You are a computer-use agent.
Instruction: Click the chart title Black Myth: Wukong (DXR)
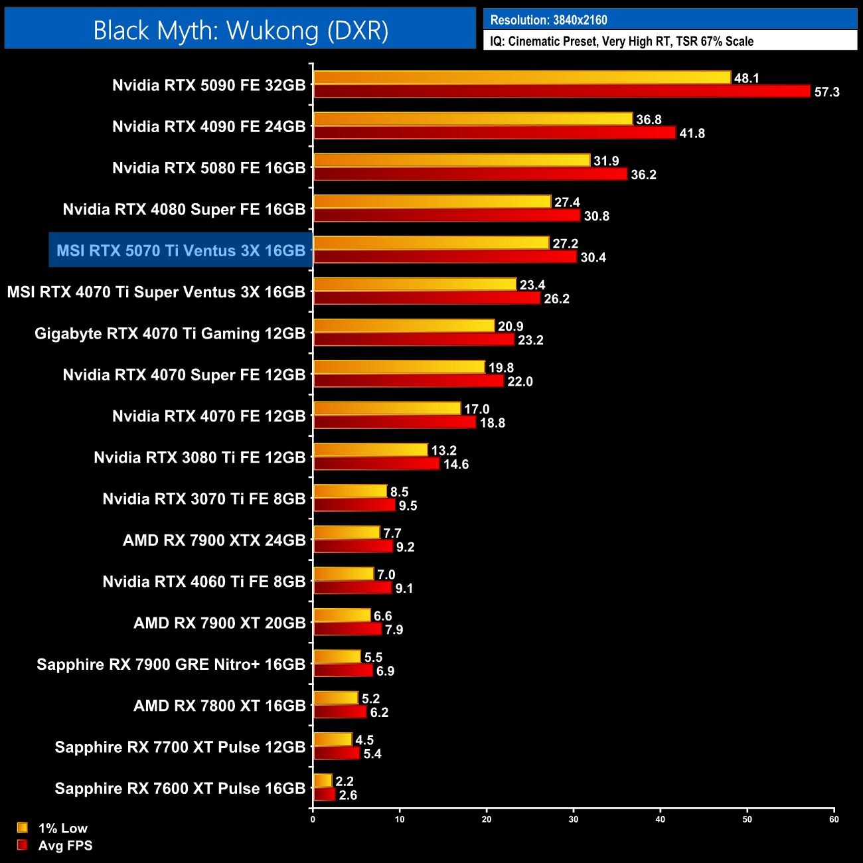click(x=240, y=31)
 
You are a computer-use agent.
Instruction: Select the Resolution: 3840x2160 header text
click(x=548, y=20)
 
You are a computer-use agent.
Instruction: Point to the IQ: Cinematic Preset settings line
click(x=621, y=41)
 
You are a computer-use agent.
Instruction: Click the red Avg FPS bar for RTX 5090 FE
click(x=562, y=91)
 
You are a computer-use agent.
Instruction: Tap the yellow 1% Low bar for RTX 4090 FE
click(x=473, y=119)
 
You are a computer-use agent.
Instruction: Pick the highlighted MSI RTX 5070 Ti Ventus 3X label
click(x=181, y=250)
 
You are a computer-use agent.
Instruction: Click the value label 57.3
click(x=826, y=92)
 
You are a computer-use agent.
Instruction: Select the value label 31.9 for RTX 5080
click(x=605, y=161)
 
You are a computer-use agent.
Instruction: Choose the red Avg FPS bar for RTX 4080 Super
click(x=447, y=215)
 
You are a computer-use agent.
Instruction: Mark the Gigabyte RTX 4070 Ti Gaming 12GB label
click(x=170, y=333)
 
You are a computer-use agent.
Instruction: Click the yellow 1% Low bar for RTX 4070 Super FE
click(x=399, y=367)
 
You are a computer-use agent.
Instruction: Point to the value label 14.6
click(x=456, y=464)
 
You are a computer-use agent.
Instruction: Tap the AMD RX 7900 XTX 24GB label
click(x=214, y=540)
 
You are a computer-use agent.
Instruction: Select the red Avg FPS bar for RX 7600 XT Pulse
click(x=325, y=794)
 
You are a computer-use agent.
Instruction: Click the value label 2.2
click(x=344, y=781)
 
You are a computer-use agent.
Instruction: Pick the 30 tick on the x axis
click(x=574, y=819)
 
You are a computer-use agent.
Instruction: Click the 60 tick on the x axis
click(x=834, y=819)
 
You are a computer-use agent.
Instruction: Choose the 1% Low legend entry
click(x=62, y=828)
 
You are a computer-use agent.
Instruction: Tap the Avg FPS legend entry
click(x=64, y=845)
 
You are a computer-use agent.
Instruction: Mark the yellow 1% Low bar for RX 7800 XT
click(x=336, y=698)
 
